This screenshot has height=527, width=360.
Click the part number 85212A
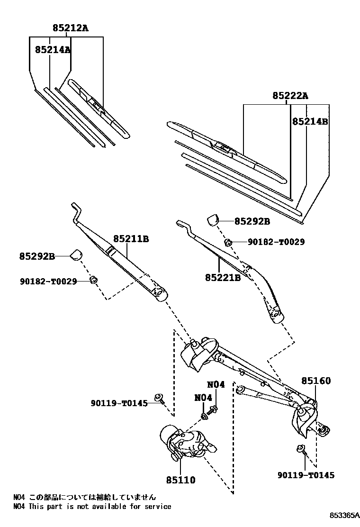pyautogui.click(x=70, y=28)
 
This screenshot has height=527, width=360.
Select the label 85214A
pyautogui.click(x=52, y=49)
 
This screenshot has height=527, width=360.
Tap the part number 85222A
pyautogui.click(x=290, y=96)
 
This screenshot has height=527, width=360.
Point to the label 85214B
pyautogui.click(x=310, y=121)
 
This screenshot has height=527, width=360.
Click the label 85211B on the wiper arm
pyautogui.click(x=131, y=239)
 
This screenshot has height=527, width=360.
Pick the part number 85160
pyautogui.click(x=316, y=381)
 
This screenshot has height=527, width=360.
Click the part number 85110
pyautogui.click(x=180, y=480)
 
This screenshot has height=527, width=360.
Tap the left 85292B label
pyautogui.click(x=37, y=256)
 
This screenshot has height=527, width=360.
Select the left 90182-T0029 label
pyautogui.click(x=48, y=282)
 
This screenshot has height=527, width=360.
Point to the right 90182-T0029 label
pyautogui.click(x=276, y=242)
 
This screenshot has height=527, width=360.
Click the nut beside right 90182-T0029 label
pyautogui.click(x=228, y=242)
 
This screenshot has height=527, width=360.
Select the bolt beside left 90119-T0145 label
pyautogui.click(x=159, y=399)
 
